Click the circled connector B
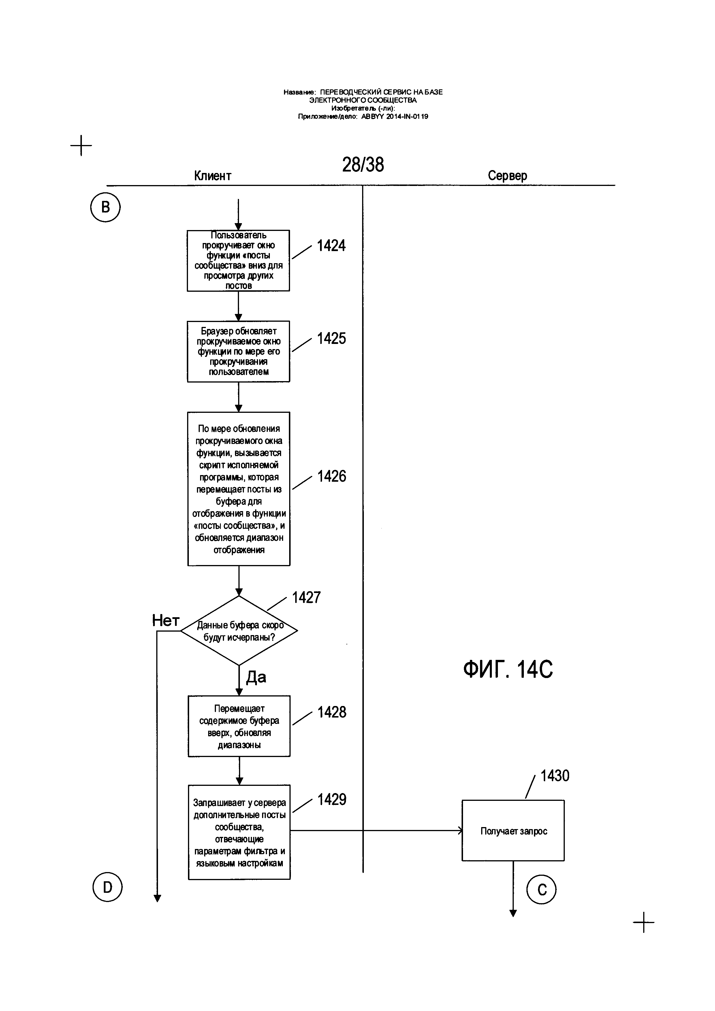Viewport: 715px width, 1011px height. (106, 207)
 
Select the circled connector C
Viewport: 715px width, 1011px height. (541, 889)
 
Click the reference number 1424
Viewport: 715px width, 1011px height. (331, 246)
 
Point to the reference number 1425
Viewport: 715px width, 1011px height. (331, 339)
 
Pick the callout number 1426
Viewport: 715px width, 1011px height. (332, 477)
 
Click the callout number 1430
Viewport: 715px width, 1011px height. (555, 775)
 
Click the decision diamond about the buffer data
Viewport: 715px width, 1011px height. (239, 630)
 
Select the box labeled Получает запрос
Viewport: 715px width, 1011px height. (513, 831)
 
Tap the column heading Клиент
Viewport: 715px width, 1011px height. (213, 176)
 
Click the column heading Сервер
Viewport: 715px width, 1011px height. (507, 175)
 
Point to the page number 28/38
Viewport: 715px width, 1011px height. (363, 165)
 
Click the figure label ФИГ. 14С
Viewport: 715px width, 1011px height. (508, 669)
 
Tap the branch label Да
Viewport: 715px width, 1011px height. (256, 677)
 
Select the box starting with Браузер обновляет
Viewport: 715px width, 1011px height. (239, 351)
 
